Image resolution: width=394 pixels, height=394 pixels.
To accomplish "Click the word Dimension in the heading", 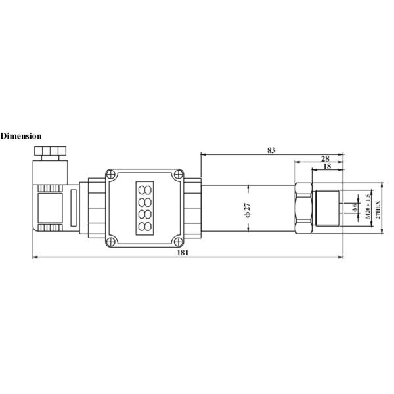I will coord(21,136).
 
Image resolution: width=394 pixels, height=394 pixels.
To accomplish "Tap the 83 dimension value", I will coord(271,150).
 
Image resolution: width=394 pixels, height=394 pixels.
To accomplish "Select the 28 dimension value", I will coord(325,158).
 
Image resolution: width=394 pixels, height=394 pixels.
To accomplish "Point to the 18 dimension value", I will coord(327,167).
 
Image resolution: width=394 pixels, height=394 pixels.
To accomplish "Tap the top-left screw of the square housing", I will coord(111,175).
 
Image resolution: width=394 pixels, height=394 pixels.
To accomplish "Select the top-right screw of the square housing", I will coord(179,175).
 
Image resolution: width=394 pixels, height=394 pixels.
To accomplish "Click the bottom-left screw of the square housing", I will coord(111,240).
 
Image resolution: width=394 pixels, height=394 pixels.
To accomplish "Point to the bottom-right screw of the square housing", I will coord(179,240).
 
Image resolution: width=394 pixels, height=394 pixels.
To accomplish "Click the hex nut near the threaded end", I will coord(303,208).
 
